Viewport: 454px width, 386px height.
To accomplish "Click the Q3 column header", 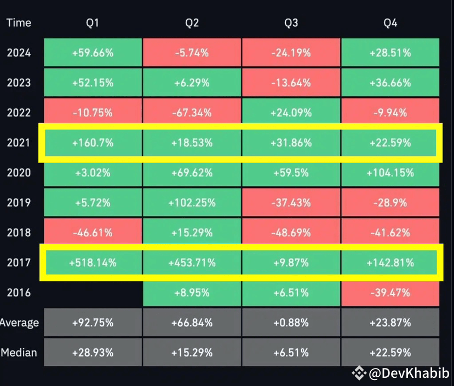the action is pyautogui.click(x=291, y=23).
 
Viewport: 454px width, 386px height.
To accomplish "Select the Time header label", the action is pyautogui.click(x=19, y=23).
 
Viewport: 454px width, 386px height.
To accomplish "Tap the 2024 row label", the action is pyautogui.click(x=19, y=53).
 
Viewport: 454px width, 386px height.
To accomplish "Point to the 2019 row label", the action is pyautogui.click(x=19, y=203).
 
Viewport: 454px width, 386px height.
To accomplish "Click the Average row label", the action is pyautogui.click(x=19, y=323).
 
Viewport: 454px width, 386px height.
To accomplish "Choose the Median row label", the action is pyautogui.click(x=19, y=353).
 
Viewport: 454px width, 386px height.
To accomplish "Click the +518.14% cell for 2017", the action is pyautogui.click(x=93, y=263).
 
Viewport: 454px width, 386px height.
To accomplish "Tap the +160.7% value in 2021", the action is pyautogui.click(x=93, y=143).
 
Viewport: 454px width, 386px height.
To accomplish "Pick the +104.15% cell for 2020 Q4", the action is pyautogui.click(x=390, y=173).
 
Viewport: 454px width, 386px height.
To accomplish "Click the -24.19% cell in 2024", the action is pyautogui.click(x=291, y=53).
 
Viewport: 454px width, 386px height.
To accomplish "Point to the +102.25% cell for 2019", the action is pyautogui.click(x=192, y=203).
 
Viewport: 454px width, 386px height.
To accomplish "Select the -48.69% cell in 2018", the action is pyautogui.click(x=291, y=232).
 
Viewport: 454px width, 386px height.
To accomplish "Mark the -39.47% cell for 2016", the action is pyautogui.click(x=390, y=293).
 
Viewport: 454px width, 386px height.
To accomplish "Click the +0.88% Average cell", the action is pyautogui.click(x=291, y=323).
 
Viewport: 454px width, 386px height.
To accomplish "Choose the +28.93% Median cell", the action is pyautogui.click(x=93, y=353).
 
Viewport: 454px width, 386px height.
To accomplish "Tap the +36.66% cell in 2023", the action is pyautogui.click(x=390, y=83).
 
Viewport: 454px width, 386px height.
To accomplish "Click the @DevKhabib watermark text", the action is pyautogui.click(x=409, y=373).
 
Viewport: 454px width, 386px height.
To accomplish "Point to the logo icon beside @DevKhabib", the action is pyautogui.click(x=359, y=373).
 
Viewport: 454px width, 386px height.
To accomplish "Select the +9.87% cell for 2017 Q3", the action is pyautogui.click(x=291, y=263).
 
